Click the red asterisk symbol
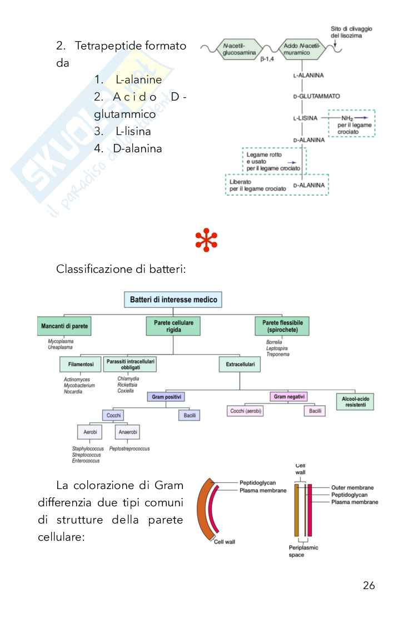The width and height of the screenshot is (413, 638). pos(206,240)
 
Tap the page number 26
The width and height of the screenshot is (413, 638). pos(369,585)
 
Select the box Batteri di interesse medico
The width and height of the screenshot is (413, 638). pos(173,300)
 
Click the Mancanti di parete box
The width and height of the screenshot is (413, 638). pos(64,326)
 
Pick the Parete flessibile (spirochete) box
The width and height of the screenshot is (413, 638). pos(282,326)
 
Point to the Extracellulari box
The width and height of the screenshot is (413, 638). pos(240,365)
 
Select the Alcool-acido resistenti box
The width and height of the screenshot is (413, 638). pos(355,401)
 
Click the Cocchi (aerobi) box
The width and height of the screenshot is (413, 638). pos(246,411)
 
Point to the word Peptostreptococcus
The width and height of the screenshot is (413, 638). pos(130,448)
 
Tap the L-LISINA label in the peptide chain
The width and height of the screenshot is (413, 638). pos(305,118)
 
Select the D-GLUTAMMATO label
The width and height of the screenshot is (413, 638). pos(316,96)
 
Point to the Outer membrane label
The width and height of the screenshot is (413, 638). pos(352,487)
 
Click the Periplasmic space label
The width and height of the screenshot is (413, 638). pos(303,551)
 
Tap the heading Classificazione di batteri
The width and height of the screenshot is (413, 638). pos(121,270)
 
